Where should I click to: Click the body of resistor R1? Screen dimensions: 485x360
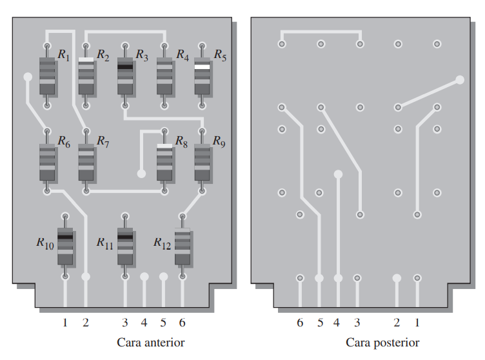pyautogui.click(x=47, y=76)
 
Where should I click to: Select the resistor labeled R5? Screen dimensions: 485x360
pyautogui.click(x=202, y=76)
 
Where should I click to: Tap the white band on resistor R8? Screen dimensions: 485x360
pyautogui.click(x=164, y=146)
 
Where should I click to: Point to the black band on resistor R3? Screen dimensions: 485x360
pyautogui.click(x=125, y=66)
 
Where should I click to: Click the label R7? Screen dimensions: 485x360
pyautogui.click(x=103, y=141)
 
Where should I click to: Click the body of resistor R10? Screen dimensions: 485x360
pyautogui.click(x=65, y=246)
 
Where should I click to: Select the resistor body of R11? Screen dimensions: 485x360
pyautogui.click(x=125, y=246)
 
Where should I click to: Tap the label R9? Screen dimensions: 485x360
pyautogui.click(x=219, y=141)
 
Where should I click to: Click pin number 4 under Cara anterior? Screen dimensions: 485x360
pyautogui.click(x=144, y=323)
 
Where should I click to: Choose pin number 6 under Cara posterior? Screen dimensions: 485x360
pyautogui.click(x=300, y=323)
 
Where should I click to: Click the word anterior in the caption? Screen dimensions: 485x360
pyautogui.click(x=165, y=343)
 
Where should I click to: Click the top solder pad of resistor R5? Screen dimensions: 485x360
pyautogui.click(x=202, y=46)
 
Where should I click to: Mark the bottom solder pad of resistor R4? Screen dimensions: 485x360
pyautogui.click(x=164, y=106)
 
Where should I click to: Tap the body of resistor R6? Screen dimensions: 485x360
pyautogui.click(x=47, y=162)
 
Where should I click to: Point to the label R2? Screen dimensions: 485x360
pyautogui.click(x=103, y=55)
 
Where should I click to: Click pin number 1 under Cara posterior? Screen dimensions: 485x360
pyautogui.click(x=417, y=323)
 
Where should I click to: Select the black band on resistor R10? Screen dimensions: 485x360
pyautogui.click(x=65, y=237)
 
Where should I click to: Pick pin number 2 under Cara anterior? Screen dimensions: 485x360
pyautogui.click(x=86, y=323)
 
